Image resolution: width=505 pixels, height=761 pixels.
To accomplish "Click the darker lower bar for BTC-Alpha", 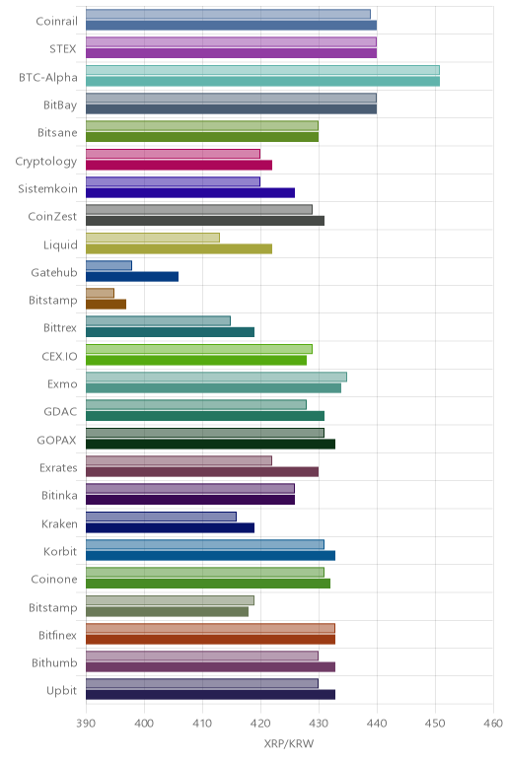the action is (262, 81).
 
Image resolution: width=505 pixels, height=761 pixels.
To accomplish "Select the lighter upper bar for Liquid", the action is (153, 238).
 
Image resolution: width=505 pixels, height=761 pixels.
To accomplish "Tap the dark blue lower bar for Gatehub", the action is (132, 277).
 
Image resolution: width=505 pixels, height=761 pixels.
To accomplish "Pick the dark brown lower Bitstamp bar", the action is (106, 305).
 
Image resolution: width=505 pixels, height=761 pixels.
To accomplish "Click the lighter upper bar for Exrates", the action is (179, 460).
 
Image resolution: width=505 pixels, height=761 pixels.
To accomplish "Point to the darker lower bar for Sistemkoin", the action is (190, 192).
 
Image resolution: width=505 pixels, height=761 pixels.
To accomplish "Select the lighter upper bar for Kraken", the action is (161, 517).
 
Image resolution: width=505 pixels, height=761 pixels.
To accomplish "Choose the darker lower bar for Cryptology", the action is (179, 165).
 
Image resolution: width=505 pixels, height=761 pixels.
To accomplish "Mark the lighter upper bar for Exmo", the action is (217, 378).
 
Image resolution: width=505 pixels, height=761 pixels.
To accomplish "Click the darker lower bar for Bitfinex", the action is (210, 639).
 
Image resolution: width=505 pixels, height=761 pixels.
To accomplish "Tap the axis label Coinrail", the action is (56, 22).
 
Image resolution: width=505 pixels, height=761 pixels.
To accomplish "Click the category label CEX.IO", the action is (59, 356).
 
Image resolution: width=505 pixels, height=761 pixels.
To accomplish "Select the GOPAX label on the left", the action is (57, 441).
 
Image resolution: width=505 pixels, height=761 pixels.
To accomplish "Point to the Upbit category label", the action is (62, 691).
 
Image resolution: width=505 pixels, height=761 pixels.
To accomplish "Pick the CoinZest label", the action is (52, 217).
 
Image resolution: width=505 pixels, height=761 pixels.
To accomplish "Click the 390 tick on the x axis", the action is (86, 724).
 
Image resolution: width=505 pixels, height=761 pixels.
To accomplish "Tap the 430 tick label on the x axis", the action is (319, 724).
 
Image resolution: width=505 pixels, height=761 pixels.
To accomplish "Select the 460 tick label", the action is (493, 724).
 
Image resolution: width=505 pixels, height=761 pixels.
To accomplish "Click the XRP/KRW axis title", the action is (289, 743).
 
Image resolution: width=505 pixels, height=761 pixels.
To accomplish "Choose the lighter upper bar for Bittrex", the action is (158, 320).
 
